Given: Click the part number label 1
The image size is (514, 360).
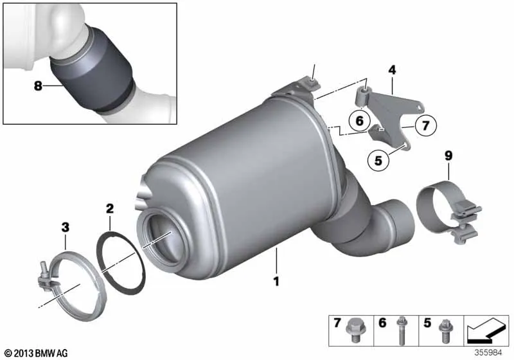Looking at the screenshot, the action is (x=276, y=281).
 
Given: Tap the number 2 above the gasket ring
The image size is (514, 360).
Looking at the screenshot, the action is (x=109, y=208).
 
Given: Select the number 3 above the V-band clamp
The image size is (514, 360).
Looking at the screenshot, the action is (x=66, y=227).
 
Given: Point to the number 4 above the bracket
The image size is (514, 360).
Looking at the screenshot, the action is (x=392, y=70).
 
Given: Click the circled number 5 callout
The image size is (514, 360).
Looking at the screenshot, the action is (x=378, y=160).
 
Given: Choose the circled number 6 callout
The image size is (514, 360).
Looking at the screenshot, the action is (x=360, y=120).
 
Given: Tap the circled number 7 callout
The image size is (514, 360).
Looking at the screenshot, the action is (x=425, y=125).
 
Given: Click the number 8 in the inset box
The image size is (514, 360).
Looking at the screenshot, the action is (x=38, y=86).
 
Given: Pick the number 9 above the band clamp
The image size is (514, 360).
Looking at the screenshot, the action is (x=448, y=156).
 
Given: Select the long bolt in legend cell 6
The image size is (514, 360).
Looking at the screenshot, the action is (x=400, y=330).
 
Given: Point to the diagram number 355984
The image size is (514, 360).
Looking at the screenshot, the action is (x=488, y=353).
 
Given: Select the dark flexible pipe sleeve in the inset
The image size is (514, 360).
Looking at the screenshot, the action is (x=93, y=71).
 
